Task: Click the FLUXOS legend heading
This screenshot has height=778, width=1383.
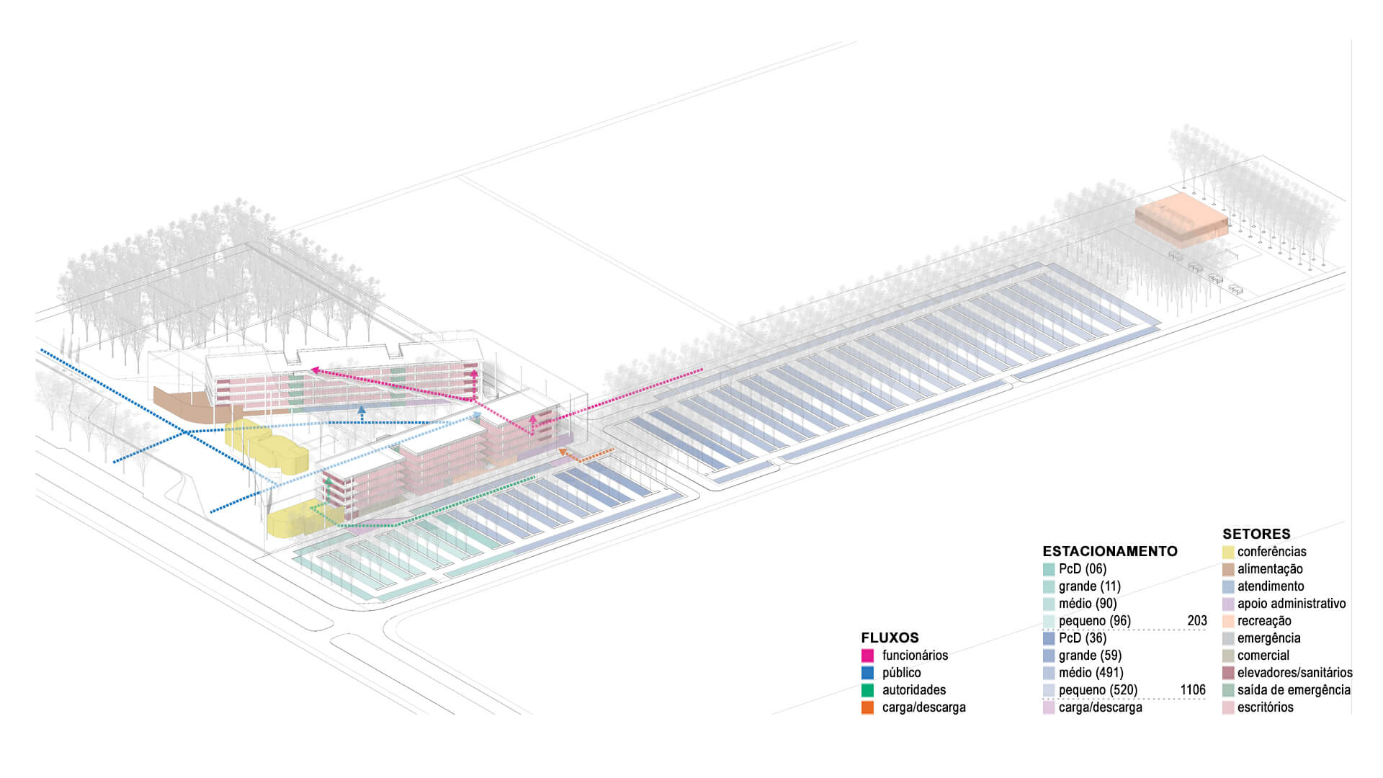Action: (890, 638)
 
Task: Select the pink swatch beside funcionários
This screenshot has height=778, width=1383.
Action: (867, 656)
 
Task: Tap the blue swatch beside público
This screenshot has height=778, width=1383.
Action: (867, 673)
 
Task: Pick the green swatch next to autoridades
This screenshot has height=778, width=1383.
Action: (867, 690)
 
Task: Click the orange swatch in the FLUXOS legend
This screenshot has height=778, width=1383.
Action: (867, 707)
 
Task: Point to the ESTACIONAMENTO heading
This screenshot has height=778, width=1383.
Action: (1109, 551)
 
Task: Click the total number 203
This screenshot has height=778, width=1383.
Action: (1196, 620)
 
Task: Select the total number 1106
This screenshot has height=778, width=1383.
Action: (1192, 689)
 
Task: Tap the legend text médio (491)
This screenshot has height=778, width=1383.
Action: (1091, 672)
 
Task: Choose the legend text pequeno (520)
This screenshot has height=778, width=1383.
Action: (1098, 689)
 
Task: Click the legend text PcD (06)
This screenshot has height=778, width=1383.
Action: (1082, 568)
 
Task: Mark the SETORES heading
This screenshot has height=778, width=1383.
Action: (1256, 534)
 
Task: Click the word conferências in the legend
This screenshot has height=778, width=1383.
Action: (1271, 551)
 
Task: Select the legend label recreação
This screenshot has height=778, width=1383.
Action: (1263, 620)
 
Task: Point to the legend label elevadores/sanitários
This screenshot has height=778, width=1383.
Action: (1294, 672)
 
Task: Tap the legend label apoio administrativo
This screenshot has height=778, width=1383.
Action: (1291, 603)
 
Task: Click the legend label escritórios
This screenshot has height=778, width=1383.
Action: (1265, 707)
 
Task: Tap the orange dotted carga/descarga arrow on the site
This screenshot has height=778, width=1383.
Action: (587, 455)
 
